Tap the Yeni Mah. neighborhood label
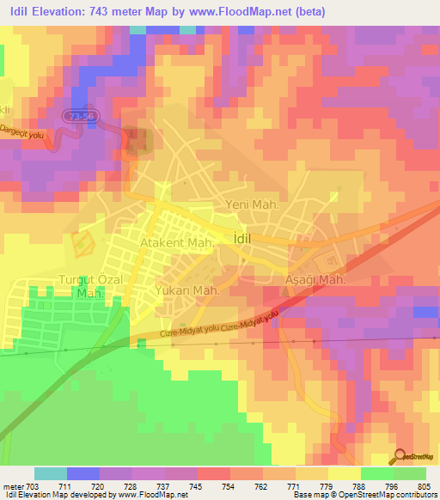pyautogui.click(x=248, y=204)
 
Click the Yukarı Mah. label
pyautogui.click(x=188, y=291)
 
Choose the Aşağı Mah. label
pyautogui.click(x=315, y=281)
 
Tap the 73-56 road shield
pyautogui.click(x=78, y=114)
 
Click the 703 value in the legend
pyautogui.click(x=37, y=485)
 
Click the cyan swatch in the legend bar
pyautogui.click(x=51, y=473)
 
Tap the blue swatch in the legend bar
pyautogui.click(x=83, y=473)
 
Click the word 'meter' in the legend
pyautogui.click(x=15, y=485)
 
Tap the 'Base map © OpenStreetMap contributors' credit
pyautogui.click(x=363, y=495)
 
